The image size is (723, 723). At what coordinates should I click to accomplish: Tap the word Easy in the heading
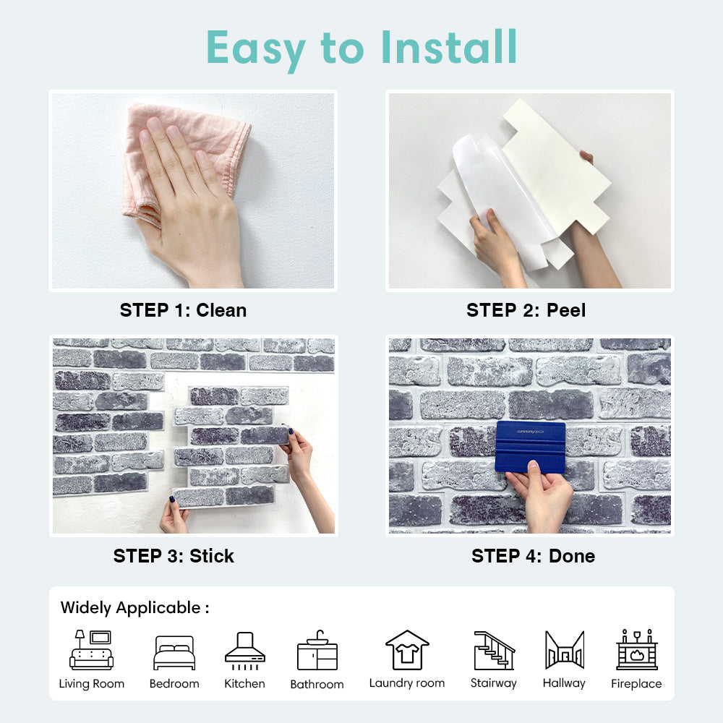coord(256,51)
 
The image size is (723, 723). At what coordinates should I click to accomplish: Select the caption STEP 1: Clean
coord(183,310)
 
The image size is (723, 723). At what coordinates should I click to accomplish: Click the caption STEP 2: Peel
coord(526,310)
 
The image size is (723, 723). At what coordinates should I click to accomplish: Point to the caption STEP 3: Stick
coord(174,556)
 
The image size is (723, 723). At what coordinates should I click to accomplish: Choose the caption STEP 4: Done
coord(533,556)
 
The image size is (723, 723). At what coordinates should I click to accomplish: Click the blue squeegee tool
coord(530,447)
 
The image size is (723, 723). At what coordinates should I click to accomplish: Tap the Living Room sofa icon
coord(91,650)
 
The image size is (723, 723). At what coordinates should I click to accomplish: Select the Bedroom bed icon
coord(174,652)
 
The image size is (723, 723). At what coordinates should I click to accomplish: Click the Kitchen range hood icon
coord(245,651)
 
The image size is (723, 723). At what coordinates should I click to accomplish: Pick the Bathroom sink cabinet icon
coord(317,650)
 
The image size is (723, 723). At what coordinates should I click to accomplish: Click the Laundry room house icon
coord(407,650)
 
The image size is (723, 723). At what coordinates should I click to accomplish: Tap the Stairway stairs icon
coord(494,650)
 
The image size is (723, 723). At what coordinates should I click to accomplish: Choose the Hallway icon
coord(565,650)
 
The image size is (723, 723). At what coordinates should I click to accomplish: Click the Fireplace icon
coord(637,649)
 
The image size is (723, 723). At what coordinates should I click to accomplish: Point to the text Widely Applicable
coord(130,608)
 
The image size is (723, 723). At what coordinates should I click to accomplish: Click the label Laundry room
coord(407,683)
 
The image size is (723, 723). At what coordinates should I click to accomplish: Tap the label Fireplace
coord(636,683)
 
